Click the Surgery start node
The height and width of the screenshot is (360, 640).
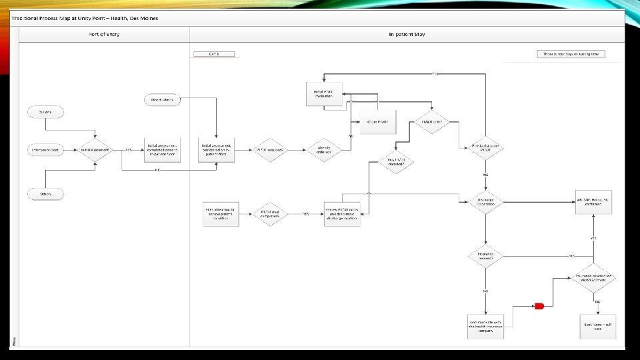pyautogui.click(x=45, y=112)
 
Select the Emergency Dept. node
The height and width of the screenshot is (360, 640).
pyautogui.click(x=45, y=150)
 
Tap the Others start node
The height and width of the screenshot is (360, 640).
pyautogui.click(x=45, y=194)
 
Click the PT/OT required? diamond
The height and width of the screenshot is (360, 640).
pyautogui.click(x=270, y=150)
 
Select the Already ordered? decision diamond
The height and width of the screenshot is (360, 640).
pyautogui.click(x=323, y=150)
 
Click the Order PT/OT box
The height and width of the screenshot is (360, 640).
pyautogui.click(x=377, y=121)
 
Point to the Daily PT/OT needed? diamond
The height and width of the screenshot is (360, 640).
pyautogui.click(x=396, y=161)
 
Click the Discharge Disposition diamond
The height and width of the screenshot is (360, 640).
pyautogui.click(x=485, y=202)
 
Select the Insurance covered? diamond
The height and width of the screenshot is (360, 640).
pyautogui.click(x=485, y=256)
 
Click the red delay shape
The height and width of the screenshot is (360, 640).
pyautogui.click(x=539, y=306)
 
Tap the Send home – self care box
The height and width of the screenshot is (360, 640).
pyautogui.click(x=597, y=326)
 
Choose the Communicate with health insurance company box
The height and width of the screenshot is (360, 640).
pyautogui.click(x=485, y=326)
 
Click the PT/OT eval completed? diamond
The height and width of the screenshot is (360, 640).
pyautogui.click(x=270, y=214)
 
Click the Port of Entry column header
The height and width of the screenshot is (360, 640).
pyautogui.click(x=104, y=34)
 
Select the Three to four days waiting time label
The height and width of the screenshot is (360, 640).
pyautogui.click(x=571, y=54)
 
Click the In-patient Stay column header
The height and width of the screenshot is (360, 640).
pyautogui.click(x=407, y=34)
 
